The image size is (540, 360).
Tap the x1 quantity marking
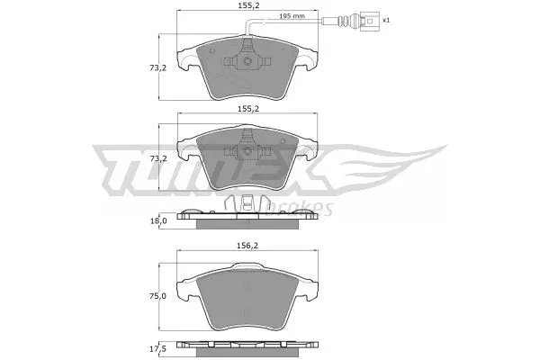[386, 19]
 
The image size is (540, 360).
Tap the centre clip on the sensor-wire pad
[245, 60]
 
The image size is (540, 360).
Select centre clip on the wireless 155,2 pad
[245, 154]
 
